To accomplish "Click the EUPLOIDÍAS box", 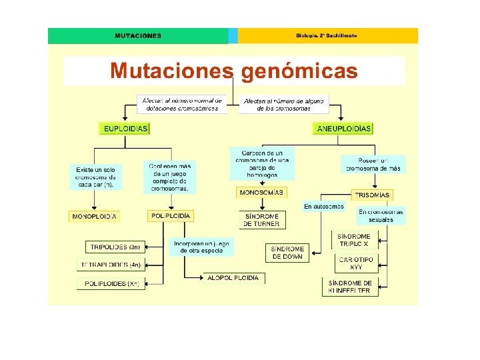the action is [125, 128].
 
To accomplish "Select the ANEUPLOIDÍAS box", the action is [344, 128].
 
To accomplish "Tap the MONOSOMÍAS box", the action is [261, 193].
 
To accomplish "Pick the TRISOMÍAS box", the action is [372, 195].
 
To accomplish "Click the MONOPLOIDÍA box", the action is [95, 216].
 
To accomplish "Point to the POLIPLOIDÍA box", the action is [171, 216].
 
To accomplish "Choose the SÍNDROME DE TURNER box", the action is [262, 220].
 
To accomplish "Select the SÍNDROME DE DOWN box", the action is [288, 253].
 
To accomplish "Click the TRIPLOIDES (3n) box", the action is [115, 247].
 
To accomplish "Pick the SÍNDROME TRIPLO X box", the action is [354, 240].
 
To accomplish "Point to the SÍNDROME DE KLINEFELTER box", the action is [353, 287].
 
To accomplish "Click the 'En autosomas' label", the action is [324, 207].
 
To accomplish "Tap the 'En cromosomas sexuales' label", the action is [381, 216].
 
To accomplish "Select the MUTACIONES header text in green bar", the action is [137, 36].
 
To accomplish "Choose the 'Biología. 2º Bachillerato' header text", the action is [326, 35].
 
